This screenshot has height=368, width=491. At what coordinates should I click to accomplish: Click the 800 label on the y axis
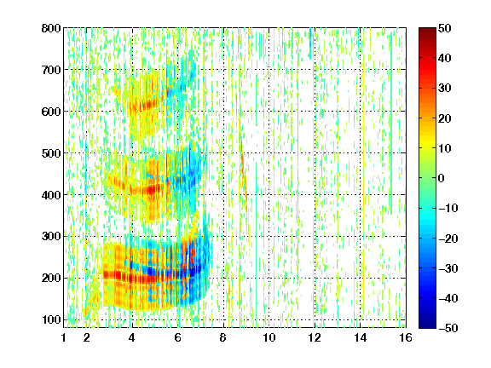51,28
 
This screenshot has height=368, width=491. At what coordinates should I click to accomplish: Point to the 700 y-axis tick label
51,70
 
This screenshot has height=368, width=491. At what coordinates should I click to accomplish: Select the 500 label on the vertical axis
51,153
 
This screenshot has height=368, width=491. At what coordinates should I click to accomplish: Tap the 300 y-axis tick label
51,236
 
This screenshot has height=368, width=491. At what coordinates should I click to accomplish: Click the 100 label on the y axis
51,319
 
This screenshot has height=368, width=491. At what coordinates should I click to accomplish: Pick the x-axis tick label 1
64,337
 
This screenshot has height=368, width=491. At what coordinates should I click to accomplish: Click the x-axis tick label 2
87,337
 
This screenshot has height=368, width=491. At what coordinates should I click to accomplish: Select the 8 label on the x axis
223,337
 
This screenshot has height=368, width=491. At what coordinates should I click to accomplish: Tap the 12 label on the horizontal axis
315,337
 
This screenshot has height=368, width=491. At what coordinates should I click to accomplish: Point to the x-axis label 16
406,337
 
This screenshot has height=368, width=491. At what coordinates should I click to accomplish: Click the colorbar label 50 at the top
445,28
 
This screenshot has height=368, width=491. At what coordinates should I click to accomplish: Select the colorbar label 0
442,178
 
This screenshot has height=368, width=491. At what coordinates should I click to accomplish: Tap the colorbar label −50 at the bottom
448,328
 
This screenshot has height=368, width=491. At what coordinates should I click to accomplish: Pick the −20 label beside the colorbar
448,239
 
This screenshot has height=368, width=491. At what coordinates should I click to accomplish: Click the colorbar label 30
445,88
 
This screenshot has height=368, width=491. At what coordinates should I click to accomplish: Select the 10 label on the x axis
269,337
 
